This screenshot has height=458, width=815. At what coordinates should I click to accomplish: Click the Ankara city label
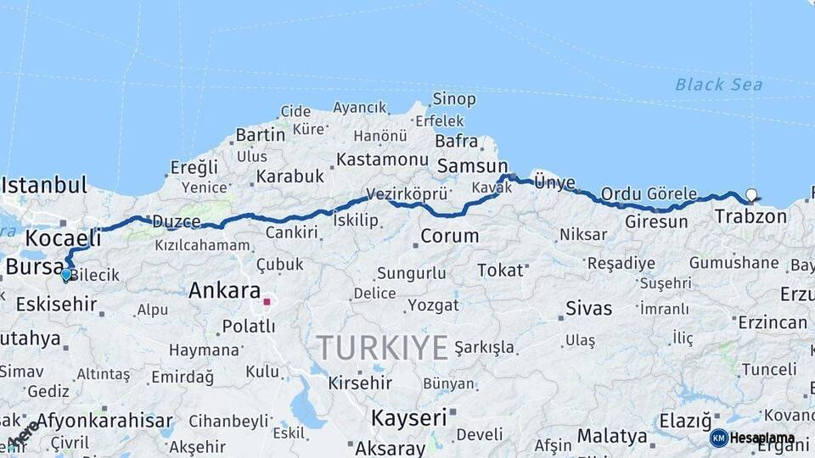[224, 290]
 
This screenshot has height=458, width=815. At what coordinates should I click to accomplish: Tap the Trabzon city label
[750, 216]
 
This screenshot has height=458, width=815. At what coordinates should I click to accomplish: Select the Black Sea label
[718, 84]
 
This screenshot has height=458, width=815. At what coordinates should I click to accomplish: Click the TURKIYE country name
[382, 347]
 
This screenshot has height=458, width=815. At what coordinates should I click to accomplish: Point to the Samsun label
[471, 166]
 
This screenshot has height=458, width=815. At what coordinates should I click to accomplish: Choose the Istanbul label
[44, 185]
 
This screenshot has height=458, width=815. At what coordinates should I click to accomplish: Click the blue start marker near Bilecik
[65, 274]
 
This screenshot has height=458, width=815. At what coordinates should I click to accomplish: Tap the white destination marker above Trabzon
[750, 194]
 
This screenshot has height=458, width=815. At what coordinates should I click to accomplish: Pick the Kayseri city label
[408, 417]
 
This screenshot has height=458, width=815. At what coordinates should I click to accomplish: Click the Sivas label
[588, 307]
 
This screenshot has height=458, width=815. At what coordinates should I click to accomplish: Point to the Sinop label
[454, 99]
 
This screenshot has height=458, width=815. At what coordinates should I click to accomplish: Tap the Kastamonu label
[382, 159]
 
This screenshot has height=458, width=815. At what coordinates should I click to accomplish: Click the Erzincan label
[772, 322]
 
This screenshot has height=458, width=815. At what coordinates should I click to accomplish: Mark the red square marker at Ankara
[267, 301]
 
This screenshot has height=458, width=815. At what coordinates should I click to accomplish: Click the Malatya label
[612, 436]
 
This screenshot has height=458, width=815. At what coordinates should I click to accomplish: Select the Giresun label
[656, 222]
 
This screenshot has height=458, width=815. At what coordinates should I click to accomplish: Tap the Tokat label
[500, 270]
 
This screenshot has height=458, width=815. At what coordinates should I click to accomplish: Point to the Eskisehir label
[56, 303]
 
